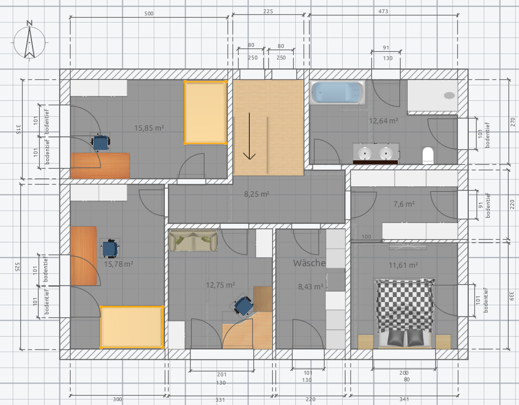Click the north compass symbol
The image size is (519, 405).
click(x=29, y=41)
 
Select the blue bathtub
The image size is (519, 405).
click(x=338, y=93)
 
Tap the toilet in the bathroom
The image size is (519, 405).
click(x=428, y=155)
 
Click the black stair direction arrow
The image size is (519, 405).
click(x=249, y=136)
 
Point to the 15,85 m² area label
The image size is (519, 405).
click(x=149, y=128)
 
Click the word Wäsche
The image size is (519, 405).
click(x=310, y=263)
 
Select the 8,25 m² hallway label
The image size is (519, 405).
click(x=257, y=194)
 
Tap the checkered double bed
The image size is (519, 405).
click(x=404, y=313)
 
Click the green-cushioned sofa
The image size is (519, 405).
click(x=193, y=240)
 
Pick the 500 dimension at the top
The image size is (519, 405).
click(x=149, y=14)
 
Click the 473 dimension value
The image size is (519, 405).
click(x=383, y=11)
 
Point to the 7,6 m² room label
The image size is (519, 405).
click(x=404, y=204)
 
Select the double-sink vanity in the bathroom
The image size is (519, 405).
click(x=376, y=154)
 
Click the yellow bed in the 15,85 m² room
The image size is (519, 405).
click(x=205, y=112)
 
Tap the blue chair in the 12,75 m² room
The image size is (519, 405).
click(x=244, y=306)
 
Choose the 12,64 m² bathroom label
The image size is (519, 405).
click(x=383, y=121)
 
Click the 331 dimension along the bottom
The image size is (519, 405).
click(x=220, y=399)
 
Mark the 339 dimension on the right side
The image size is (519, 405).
click(x=511, y=296)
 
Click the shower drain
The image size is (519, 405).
click(x=449, y=95)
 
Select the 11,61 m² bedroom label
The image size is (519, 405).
click(x=403, y=265)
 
